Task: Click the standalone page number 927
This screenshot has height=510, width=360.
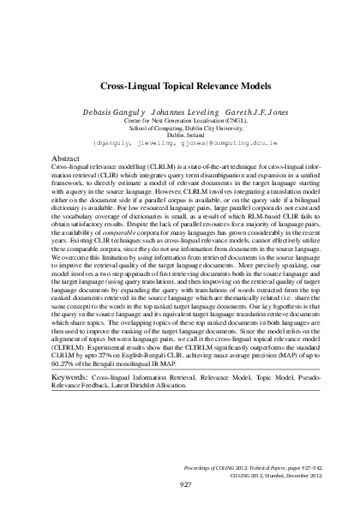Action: [x=180, y=485]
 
